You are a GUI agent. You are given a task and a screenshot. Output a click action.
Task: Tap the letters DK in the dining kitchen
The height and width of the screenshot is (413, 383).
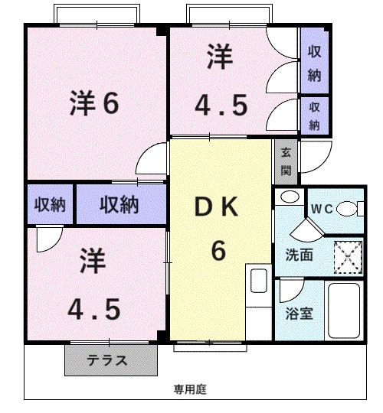[218, 207]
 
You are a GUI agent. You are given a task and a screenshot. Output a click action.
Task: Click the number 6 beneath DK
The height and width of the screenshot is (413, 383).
[218, 250]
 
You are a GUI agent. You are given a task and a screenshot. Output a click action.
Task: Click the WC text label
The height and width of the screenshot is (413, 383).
[319, 208]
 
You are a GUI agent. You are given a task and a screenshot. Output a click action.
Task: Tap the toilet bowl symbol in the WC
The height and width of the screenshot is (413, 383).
[349, 207]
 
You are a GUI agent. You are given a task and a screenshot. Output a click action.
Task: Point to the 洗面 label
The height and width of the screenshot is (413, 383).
[299, 255]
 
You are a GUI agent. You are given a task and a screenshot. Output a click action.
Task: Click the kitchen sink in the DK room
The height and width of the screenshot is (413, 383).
[258, 281]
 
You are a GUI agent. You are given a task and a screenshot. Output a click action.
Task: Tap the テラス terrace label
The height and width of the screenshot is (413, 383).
[106, 360]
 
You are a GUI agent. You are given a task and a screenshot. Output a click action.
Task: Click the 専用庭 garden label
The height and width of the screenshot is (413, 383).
[189, 389]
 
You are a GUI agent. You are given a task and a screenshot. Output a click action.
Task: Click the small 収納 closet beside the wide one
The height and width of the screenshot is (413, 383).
[51, 205]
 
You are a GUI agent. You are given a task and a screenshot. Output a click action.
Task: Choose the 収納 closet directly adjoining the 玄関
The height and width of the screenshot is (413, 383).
[314, 115]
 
